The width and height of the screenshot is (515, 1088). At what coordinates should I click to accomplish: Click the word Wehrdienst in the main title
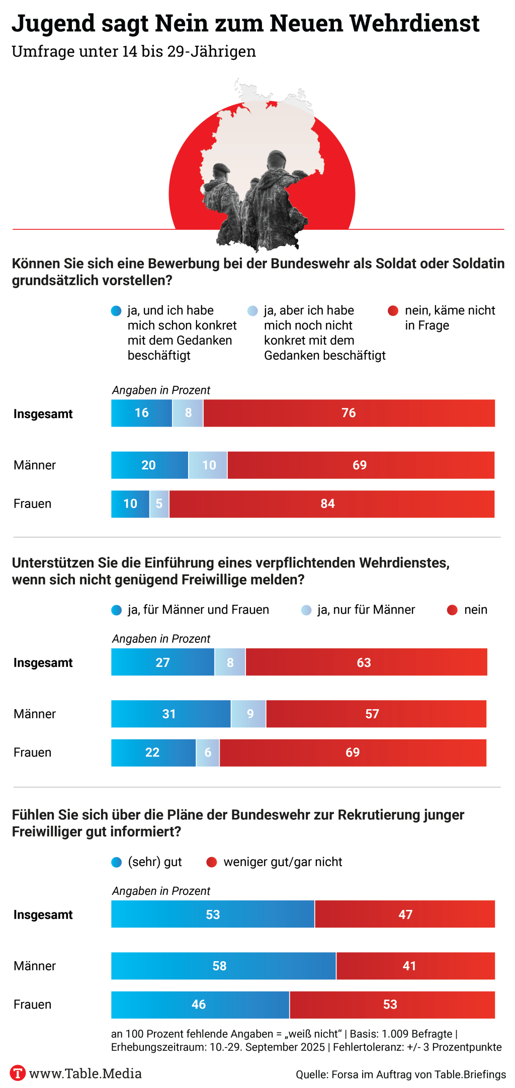click(x=414, y=23)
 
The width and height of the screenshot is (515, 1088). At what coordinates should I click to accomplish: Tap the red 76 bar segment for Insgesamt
click(x=349, y=413)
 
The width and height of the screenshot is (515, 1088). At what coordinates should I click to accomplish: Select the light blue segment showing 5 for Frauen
click(x=159, y=504)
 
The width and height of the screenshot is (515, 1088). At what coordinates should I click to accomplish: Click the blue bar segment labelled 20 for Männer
click(x=149, y=465)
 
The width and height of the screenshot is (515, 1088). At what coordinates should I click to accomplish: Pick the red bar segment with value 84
click(x=328, y=504)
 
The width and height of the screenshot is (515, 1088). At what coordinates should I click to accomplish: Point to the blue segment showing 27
click(x=162, y=662)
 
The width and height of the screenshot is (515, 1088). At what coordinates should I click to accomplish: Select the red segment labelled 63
click(x=364, y=662)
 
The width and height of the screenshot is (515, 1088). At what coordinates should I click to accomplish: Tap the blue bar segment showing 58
click(x=220, y=965)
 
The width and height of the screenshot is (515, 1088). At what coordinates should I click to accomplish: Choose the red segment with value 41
click(x=409, y=965)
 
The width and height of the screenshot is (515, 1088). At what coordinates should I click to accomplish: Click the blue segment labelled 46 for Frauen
click(x=199, y=1004)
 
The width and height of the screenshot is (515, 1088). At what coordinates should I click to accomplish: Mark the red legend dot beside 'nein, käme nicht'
click(x=393, y=311)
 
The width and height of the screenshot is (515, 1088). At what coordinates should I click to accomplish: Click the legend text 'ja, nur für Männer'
click(x=366, y=610)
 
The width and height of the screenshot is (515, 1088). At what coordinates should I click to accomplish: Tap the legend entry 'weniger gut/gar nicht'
click(x=282, y=862)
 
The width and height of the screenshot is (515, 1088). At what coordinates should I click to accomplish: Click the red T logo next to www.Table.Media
click(x=18, y=1073)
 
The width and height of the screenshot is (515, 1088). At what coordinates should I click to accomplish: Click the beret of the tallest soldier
click(x=276, y=156)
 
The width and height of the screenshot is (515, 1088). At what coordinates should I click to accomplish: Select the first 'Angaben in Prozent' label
click(x=161, y=390)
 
